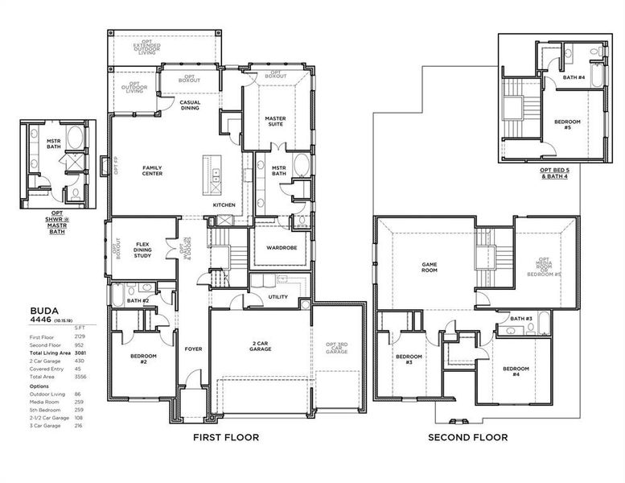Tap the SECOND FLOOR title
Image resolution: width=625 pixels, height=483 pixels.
(467, 438)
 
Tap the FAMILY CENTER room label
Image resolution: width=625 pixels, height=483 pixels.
(152, 171)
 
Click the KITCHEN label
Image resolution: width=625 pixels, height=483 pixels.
(224, 205)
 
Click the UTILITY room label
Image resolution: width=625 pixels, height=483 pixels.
(278, 297)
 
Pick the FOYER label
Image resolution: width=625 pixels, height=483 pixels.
(193, 349)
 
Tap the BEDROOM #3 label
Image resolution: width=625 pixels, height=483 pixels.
(409, 359)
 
